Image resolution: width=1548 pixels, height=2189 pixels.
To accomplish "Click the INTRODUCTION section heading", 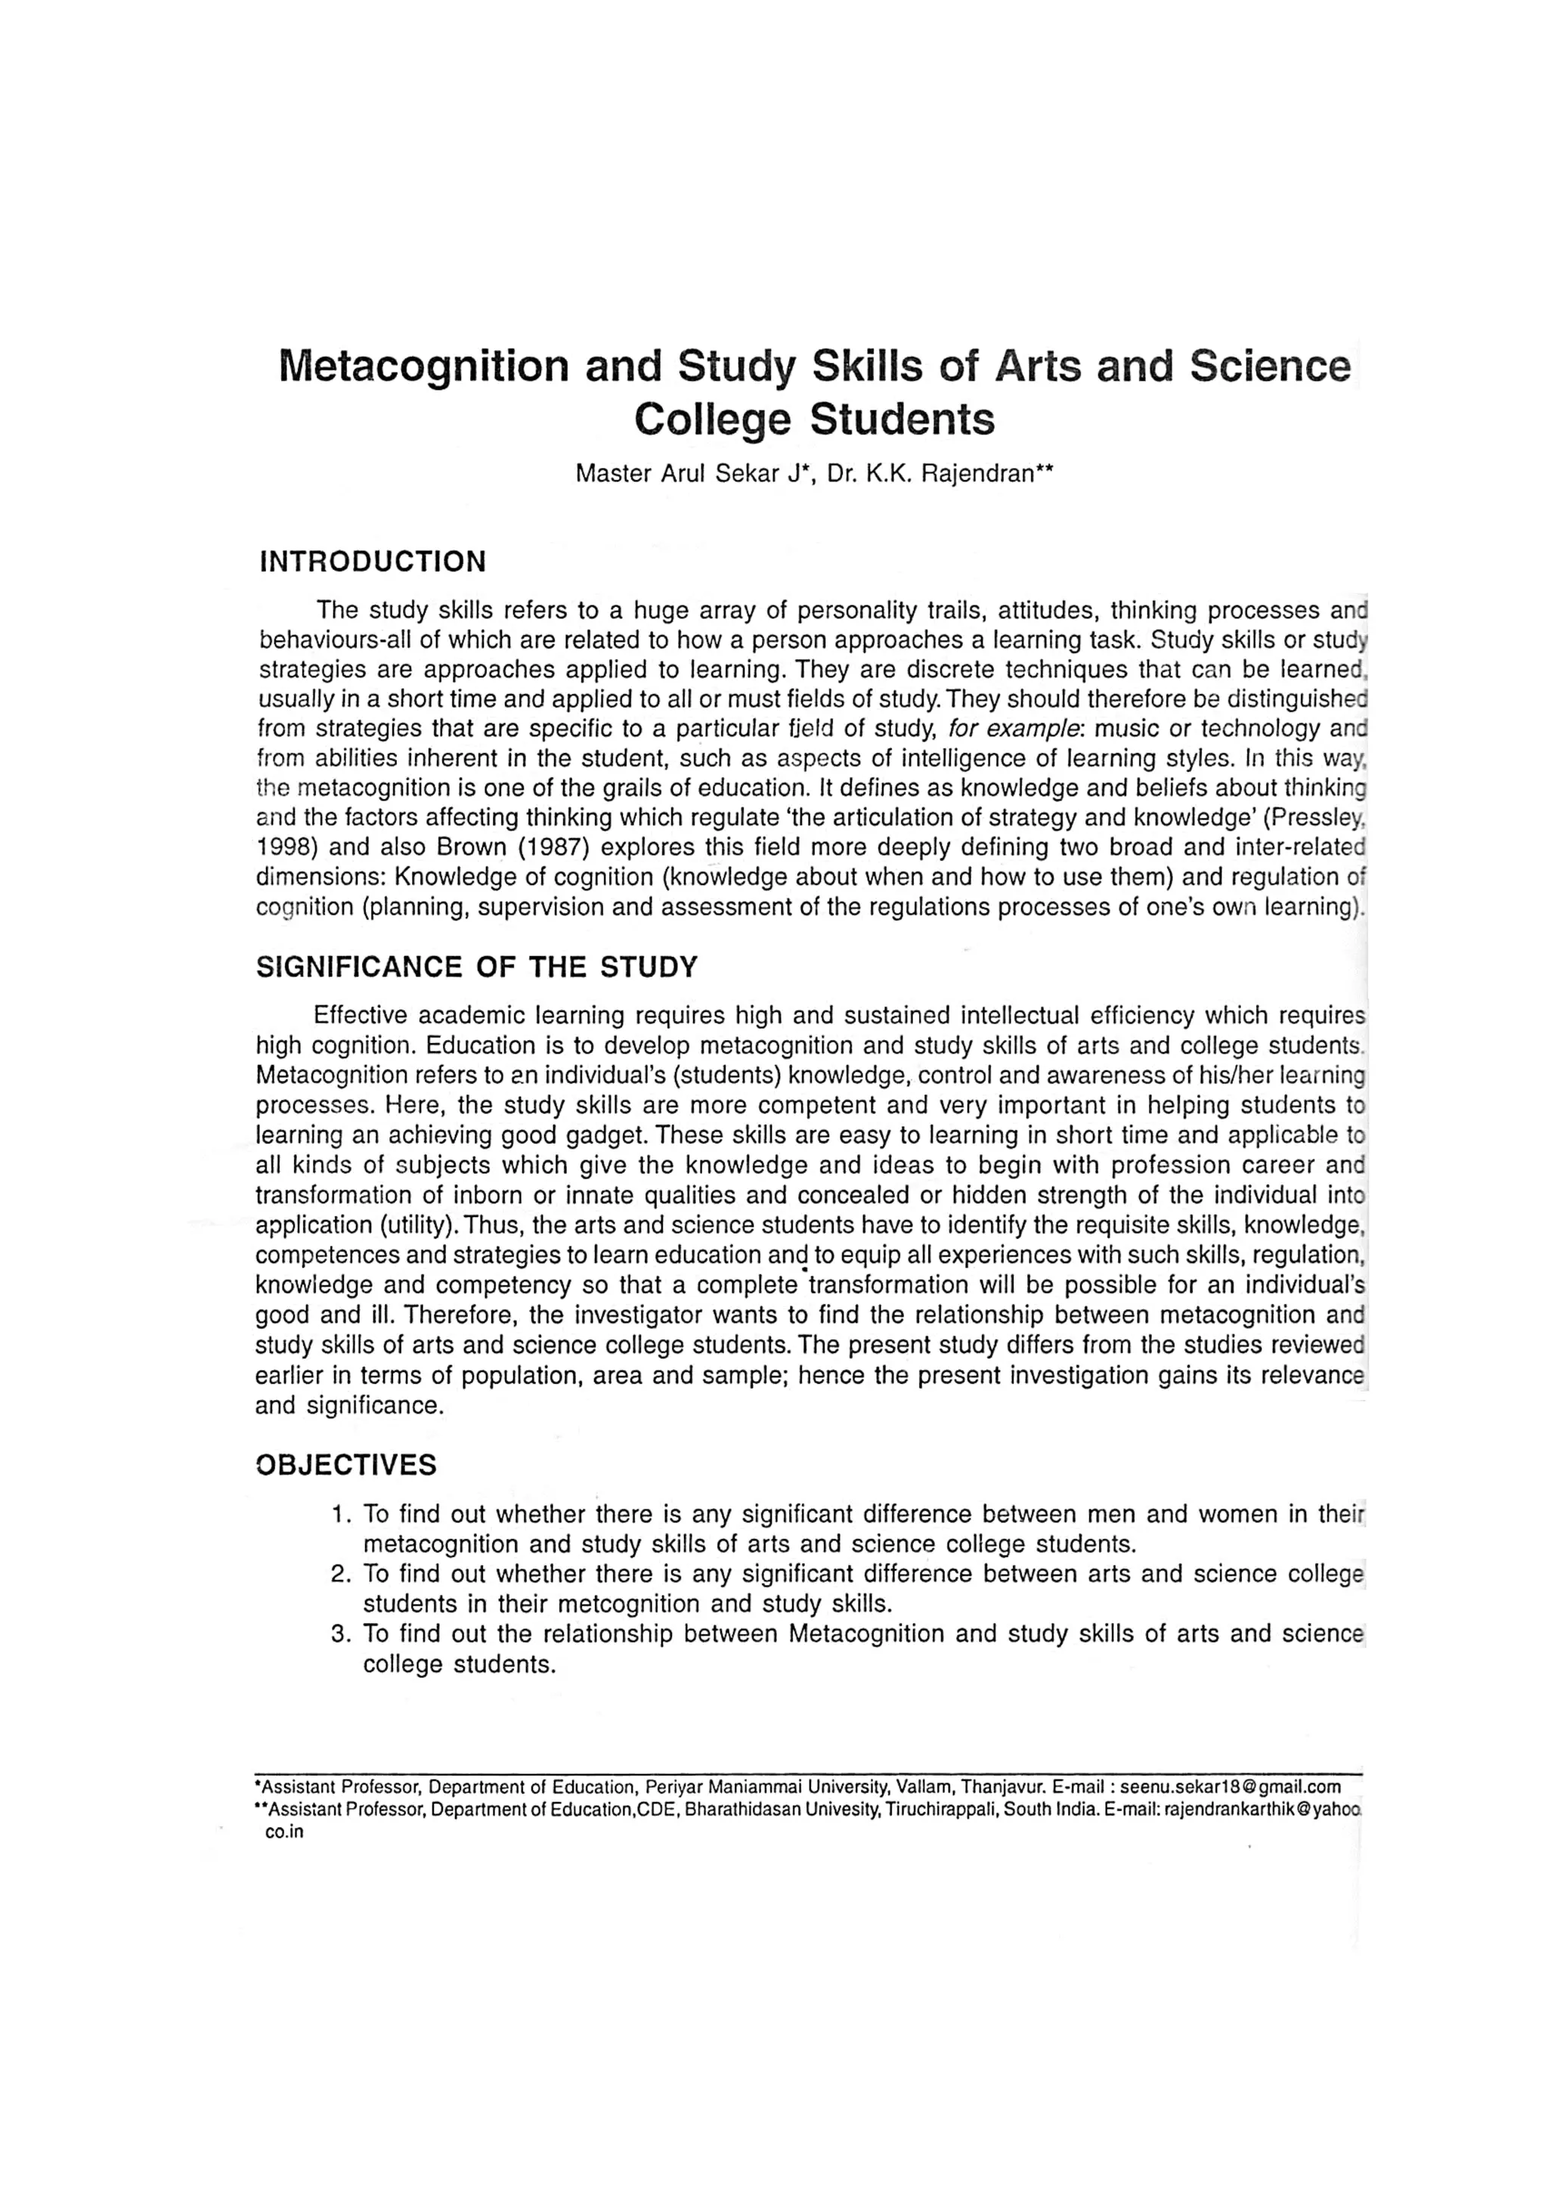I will [373, 561].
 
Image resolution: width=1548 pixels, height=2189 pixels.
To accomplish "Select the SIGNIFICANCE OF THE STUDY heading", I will [477, 967].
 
